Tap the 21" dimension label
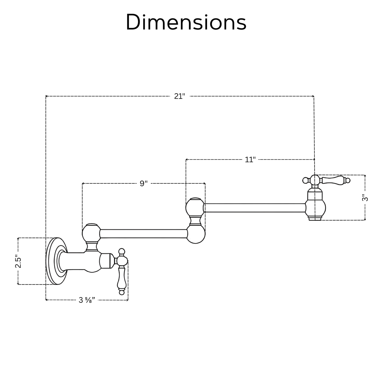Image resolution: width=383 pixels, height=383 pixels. coord(179,96)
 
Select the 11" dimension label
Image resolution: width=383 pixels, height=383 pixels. coord(250,160)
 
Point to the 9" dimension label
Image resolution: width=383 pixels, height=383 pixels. coord(144,183)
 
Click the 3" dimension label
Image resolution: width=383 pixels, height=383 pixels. coord(365,198)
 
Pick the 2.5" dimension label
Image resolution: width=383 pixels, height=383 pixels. coord(18,262)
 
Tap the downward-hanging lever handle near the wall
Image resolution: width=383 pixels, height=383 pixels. coord(121,278)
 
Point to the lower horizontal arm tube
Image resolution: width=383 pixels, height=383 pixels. coord(143,234)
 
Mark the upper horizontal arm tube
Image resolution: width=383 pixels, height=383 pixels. coord(254,208)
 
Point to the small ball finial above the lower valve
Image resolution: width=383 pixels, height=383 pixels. coord(122,251)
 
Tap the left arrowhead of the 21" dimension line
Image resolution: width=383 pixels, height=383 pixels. coord(47,96)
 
